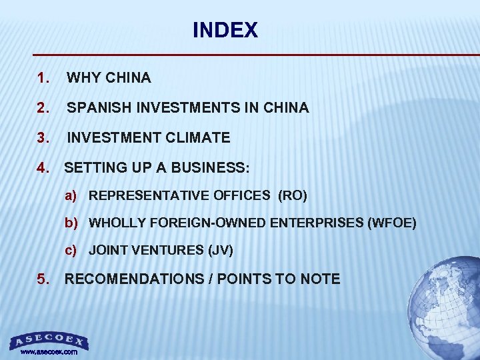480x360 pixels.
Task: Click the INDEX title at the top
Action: [225, 31]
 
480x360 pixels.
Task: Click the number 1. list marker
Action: [44, 78]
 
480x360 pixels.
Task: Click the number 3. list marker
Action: [44, 138]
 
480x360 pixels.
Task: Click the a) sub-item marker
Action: [71, 196]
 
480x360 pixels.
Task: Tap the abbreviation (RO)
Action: [292, 196]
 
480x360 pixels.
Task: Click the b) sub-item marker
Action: [71, 223]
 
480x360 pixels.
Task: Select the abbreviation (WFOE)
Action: [391, 223]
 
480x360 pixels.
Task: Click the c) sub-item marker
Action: [71, 251]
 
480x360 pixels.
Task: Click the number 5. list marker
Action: [44, 279]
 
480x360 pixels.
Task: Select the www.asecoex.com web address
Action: [49, 352]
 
